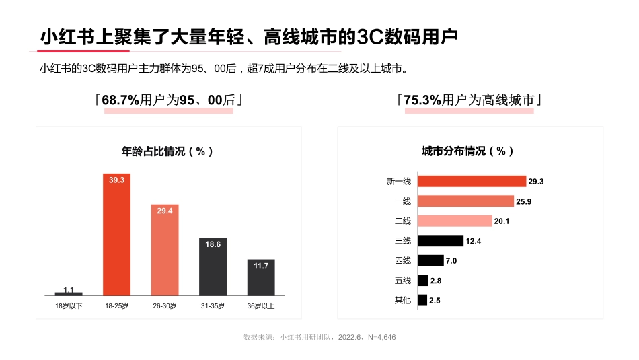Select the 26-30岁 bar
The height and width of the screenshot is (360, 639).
click(x=164, y=250)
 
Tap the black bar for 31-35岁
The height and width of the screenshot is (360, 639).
click(x=213, y=266)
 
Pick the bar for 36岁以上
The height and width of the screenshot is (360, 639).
click(x=261, y=277)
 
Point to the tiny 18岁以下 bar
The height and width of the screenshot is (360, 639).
click(x=69, y=294)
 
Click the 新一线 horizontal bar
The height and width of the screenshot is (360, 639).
click(x=472, y=181)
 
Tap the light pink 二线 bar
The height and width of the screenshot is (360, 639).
click(x=455, y=221)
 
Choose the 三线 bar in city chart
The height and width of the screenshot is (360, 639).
click(x=441, y=240)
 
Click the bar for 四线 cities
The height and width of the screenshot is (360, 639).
click(x=430, y=260)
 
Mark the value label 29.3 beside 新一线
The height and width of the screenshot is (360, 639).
click(x=536, y=182)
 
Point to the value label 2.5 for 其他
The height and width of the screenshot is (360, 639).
click(x=435, y=301)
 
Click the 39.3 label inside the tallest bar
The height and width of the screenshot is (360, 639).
click(x=116, y=180)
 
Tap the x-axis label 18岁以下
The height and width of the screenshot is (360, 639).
click(x=69, y=306)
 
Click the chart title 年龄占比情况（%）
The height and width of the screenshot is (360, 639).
click(x=167, y=151)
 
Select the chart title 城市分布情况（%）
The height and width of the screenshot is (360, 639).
click(x=468, y=151)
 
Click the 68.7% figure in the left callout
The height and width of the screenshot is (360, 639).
click(x=120, y=100)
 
